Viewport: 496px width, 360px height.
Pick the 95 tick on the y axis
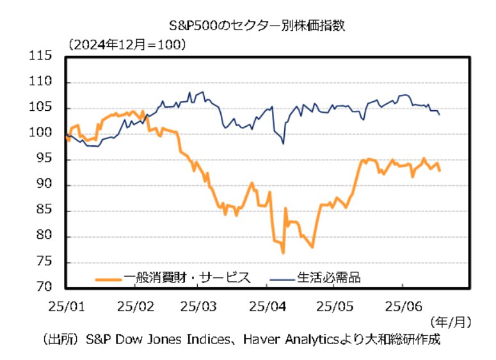(43, 160)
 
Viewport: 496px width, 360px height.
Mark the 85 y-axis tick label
(43, 211)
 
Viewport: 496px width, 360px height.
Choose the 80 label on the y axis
(43, 236)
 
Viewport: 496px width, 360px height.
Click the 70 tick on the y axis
(43, 288)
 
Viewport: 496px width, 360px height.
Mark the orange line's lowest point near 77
(283, 253)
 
